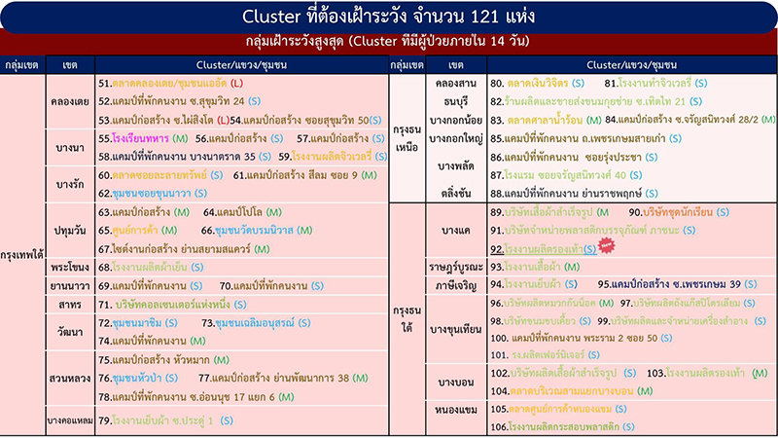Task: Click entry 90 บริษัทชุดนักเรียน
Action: (672, 211)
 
